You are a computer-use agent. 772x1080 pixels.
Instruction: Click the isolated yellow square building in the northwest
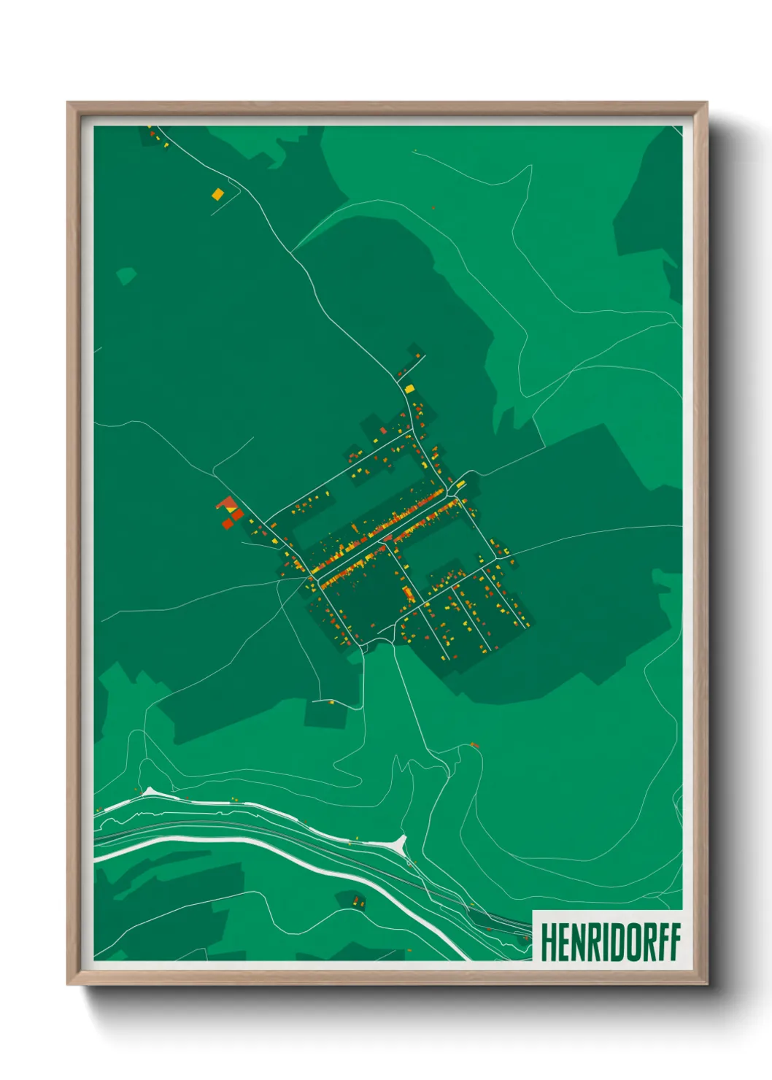[217, 194]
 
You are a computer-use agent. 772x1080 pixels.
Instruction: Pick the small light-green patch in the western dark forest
[126, 276]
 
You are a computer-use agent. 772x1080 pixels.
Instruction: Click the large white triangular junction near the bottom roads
[398, 844]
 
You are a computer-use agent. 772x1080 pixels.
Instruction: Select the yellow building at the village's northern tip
[409, 388]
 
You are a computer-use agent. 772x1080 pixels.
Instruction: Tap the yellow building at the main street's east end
[460, 484]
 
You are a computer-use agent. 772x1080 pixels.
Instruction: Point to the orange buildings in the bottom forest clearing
[358, 901]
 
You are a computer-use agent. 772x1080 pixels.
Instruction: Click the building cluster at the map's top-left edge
[155, 136]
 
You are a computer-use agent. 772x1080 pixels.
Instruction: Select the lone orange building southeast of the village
[474, 745]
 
